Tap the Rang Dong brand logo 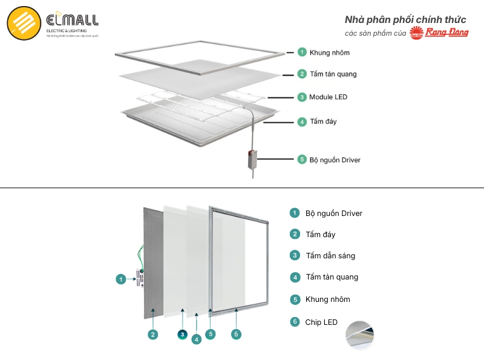point(439,33)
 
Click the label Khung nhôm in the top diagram point(329,53)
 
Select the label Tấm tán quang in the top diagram point(333,74)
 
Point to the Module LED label point(328,97)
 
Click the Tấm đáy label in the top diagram point(323,122)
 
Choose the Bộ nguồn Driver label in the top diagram point(335,160)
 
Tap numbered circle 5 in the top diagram point(302,160)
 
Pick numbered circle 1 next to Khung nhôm point(302,53)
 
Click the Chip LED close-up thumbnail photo point(359,335)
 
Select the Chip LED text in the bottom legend point(321,322)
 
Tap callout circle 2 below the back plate point(154,334)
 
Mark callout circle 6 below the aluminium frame point(237,334)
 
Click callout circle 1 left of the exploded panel point(121,279)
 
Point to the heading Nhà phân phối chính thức point(405,19)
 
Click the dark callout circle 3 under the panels point(182,334)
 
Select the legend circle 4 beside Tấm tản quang point(295,277)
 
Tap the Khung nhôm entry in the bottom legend point(327,299)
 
